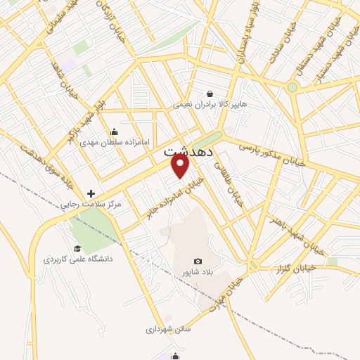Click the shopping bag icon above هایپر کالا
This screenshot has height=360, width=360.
[210, 94]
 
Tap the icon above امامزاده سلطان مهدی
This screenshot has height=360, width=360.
[115, 131]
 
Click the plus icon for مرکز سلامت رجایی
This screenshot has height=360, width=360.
[90, 193]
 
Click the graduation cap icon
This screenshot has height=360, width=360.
[78, 248]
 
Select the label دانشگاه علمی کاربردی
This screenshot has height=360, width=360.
[77, 259]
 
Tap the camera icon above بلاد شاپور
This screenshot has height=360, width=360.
[197, 261]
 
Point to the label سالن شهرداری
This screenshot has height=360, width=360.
[169, 328]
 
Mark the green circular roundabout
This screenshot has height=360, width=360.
[292, 87]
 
